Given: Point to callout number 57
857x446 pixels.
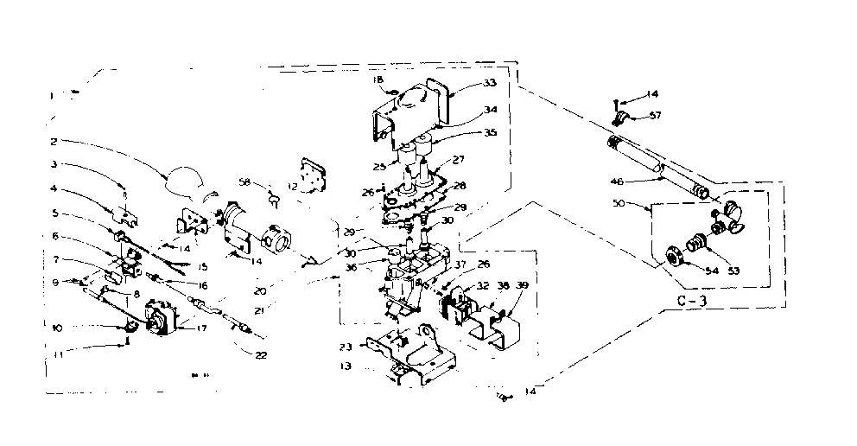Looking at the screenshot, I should pos(655,115).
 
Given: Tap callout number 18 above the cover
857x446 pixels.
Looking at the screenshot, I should pos(378,80).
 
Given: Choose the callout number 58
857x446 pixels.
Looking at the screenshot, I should pos(244,183).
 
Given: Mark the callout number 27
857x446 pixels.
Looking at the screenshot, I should pos(459,159).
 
